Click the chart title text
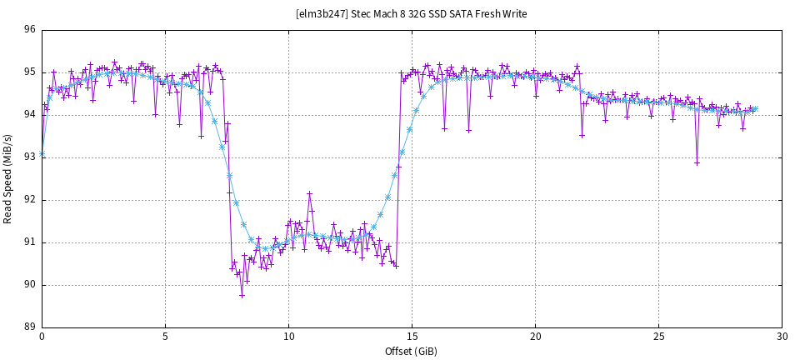(x=412, y=13)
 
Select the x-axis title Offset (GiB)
(x=412, y=352)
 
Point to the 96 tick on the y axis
(x=29, y=30)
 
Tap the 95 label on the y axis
(x=29, y=72)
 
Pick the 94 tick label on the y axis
(x=29, y=115)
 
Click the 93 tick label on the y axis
(x=29, y=157)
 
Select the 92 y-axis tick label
(x=29, y=200)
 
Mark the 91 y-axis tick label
(x=29, y=242)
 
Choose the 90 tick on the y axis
(x=29, y=285)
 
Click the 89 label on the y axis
(x=29, y=327)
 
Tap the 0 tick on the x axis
(x=42, y=337)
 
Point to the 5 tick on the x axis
(x=165, y=337)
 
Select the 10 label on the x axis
(x=288, y=337)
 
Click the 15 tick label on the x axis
(x=412, y=337)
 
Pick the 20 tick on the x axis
(x=535, y=337)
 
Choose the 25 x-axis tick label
(x=658, y=337)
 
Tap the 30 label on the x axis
(x=782, y=337)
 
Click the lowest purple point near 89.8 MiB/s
(x=242, y=294)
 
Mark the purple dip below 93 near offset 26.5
(x=697, y=162)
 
